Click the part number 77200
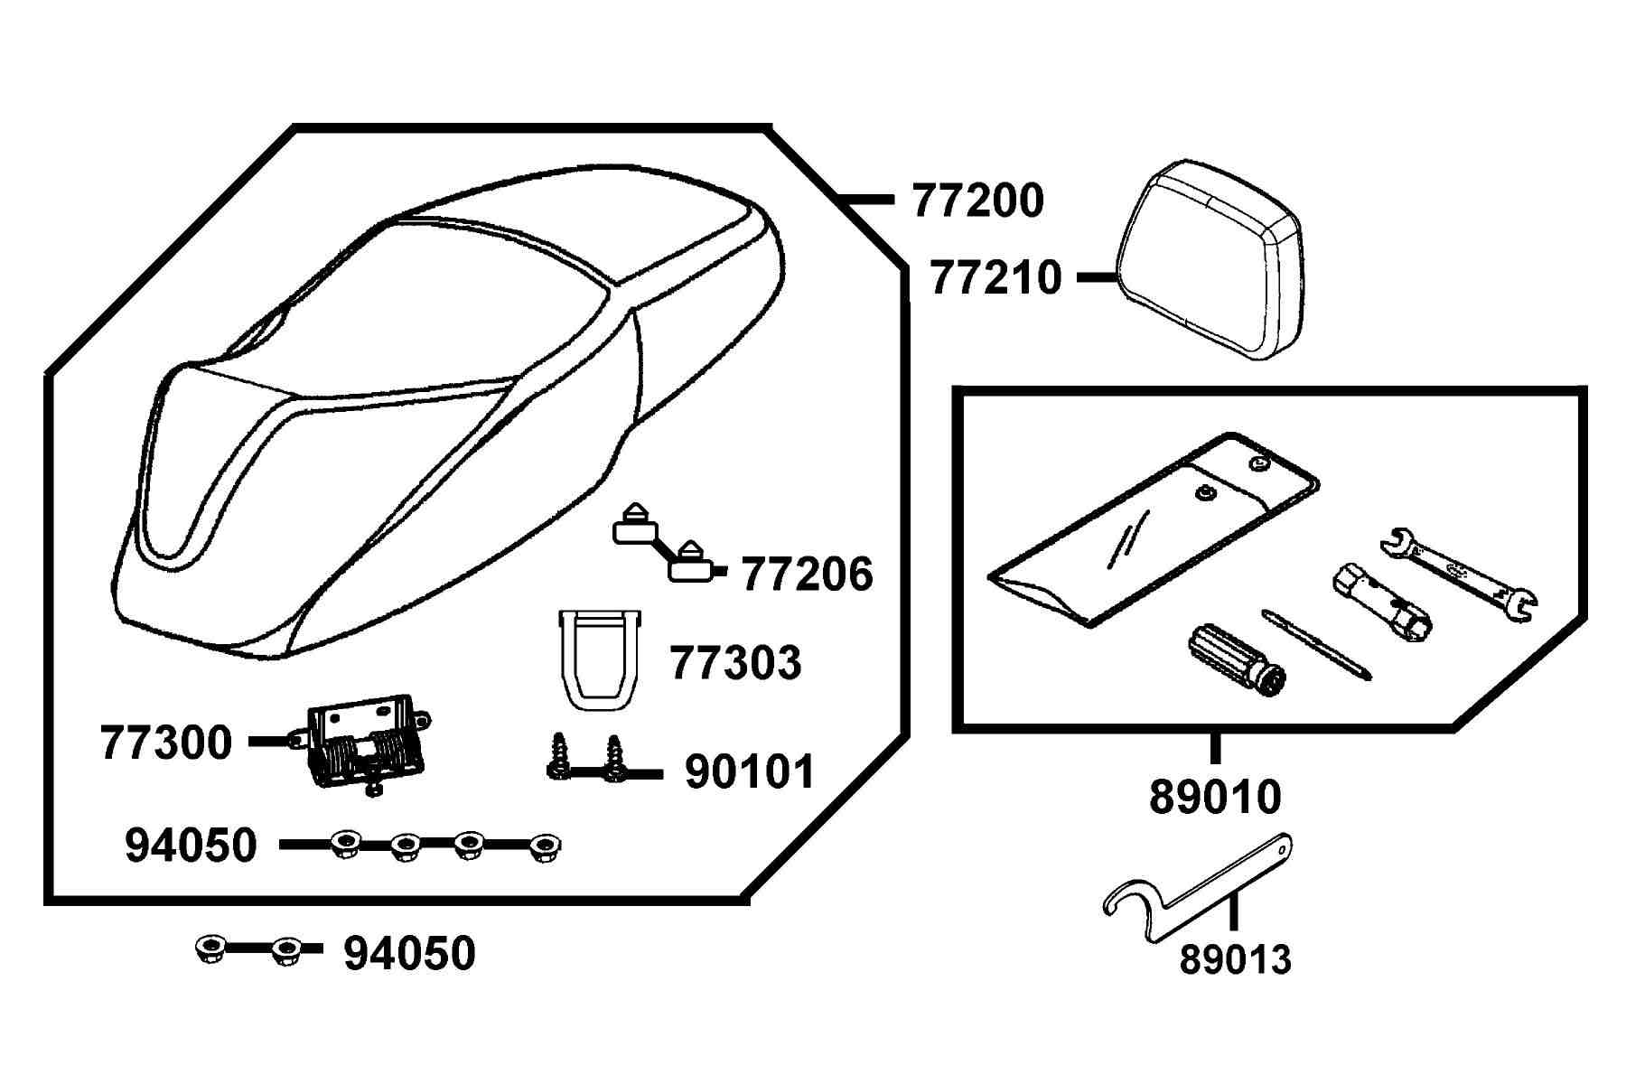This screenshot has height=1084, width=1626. click(x=978, y=201)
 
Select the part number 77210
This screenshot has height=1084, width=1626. click(x=995, y=278)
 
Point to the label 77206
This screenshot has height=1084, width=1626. click(x=808, y=575)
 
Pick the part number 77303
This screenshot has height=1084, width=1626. click(x=735, y=663)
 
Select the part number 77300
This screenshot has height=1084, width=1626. click(x=167, y=743)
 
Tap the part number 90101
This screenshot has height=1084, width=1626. click(x=751, y=772)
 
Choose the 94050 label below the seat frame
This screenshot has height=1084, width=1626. click(x=410, y=954)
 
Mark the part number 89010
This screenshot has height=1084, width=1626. click(x=1215, y=798)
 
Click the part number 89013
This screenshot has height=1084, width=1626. click(x=1236, y=960)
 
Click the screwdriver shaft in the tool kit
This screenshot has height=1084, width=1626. click(x=1317, y=644)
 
